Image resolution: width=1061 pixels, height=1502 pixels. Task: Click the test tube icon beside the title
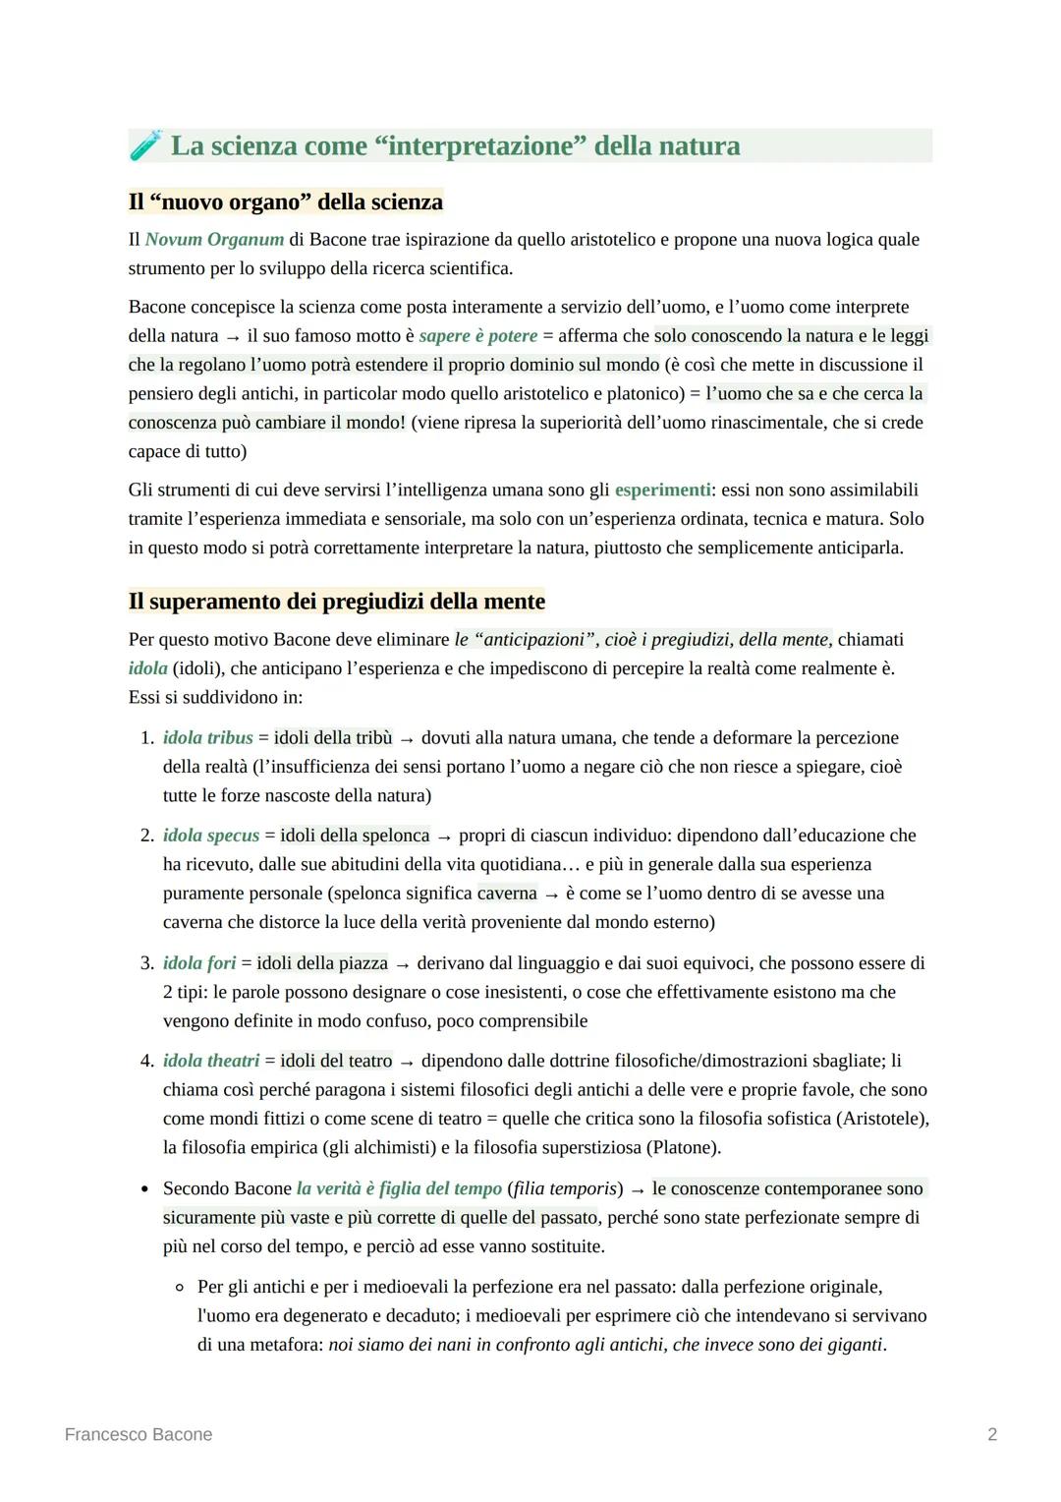tap(144, 145)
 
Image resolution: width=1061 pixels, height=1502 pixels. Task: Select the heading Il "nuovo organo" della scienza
tap(286, 202)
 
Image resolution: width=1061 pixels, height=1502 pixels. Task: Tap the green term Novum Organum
tap(214, 239)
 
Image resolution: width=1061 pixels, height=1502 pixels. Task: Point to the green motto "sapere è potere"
tap(478, 336)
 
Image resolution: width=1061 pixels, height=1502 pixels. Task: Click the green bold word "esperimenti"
tap(663, 490)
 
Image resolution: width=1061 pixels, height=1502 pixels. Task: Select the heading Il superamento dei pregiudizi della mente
tap(336, 601)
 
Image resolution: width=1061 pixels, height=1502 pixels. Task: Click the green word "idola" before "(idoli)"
tap(147, 668)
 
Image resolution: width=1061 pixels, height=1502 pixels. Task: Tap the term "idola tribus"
tap(207, 737)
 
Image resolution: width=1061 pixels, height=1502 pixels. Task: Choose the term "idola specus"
tap(211, 836)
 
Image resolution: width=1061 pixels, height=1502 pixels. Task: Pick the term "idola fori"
tap(199, 963)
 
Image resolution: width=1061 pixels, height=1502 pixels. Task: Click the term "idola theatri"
tap(211, 1061)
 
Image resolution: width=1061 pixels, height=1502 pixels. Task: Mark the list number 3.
tap(146, 963)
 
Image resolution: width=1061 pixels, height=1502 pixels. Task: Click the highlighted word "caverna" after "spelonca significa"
tap(507, 894)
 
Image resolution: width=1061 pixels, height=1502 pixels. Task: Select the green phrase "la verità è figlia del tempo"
tap(399, 1188)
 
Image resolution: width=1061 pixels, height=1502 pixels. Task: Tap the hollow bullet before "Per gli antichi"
tap(180, 1287)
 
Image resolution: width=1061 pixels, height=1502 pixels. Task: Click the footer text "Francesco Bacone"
tap(139, 1434)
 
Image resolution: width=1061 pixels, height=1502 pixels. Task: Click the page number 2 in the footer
tap(992, 1434)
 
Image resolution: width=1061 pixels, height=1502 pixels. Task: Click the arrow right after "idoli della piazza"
tap(403, 964)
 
